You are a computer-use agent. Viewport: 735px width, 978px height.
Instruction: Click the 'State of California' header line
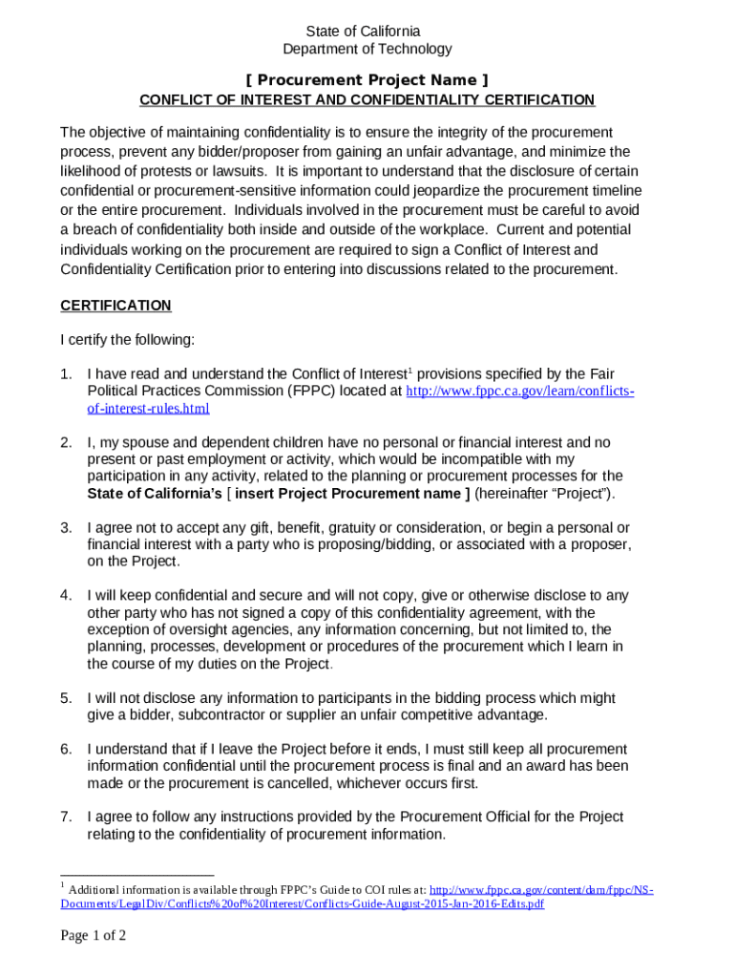pyautogui.click(x=367, y=32)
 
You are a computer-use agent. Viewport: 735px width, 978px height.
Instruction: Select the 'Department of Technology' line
pyautogui.click(x=367, y=49)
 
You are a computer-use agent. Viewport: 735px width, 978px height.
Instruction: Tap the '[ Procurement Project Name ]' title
pyautogui.click(x=367, y=79)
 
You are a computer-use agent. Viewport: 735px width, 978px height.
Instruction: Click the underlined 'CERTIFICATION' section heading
pyautogui.click(x=115, y=306)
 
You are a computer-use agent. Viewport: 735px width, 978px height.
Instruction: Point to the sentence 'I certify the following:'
pyautogui.click(x=127, y=339)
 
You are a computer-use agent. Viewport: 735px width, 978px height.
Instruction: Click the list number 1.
pyautogui.click(x=66, y=373)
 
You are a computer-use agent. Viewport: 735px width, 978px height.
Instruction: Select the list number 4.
pyautogui.click(x=66, y=596)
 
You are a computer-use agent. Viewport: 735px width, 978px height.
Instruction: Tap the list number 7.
pyautogui.click(x=66, y=818)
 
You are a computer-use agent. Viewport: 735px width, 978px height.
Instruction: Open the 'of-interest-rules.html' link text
pyautogui.click(x=148, y=409)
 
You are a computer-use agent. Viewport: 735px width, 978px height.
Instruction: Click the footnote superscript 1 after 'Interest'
pyautogui.click(x=410, y=369)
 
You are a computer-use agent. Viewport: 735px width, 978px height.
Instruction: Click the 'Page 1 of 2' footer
pyautogui.click(x=94, y=936)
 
